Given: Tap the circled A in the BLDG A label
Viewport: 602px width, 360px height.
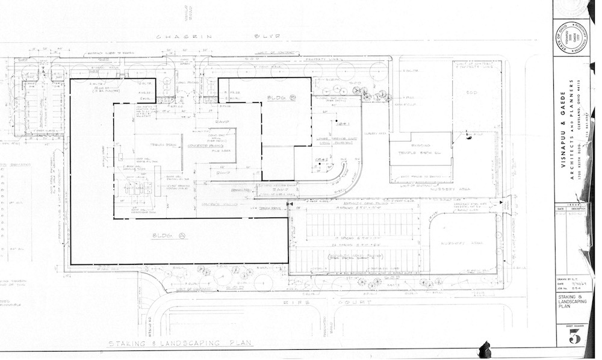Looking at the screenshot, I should click(x=182, y=235).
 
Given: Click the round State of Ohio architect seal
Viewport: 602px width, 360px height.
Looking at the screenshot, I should click(x=568, y=37).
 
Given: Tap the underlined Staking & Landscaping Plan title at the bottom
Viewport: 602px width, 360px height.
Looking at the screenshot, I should click(x=181, y=343).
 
